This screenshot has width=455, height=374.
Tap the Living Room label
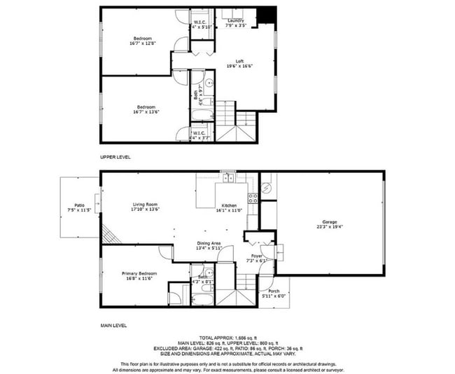point(146,204)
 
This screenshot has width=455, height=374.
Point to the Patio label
point(79,205)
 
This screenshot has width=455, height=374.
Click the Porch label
point(274,291)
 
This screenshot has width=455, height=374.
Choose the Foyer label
point(257,256)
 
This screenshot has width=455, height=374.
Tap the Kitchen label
point(229,205)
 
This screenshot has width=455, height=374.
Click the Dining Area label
point(209,243)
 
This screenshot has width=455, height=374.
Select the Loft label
point(239,61)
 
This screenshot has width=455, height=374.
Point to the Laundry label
point(235,20)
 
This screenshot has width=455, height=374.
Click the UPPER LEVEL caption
point(115,157)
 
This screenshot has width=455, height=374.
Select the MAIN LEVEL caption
point(113,326)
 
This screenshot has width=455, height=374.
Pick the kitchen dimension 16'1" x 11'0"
point(229,209)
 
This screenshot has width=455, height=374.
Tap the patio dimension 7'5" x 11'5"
point(79,209)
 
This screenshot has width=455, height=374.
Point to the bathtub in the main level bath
point(203,299)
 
